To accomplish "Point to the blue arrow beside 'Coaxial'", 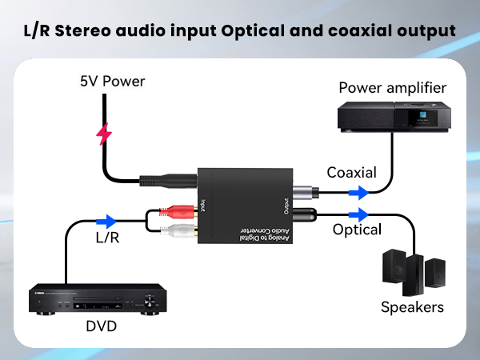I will point(358,193).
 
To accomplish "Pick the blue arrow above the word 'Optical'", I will point(358,214).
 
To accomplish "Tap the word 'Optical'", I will point(356,230).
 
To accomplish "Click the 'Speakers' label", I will point(412,307).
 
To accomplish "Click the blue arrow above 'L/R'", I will point(106,221).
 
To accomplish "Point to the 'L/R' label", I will point(108,238).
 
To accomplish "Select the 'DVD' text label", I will point(101,326).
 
